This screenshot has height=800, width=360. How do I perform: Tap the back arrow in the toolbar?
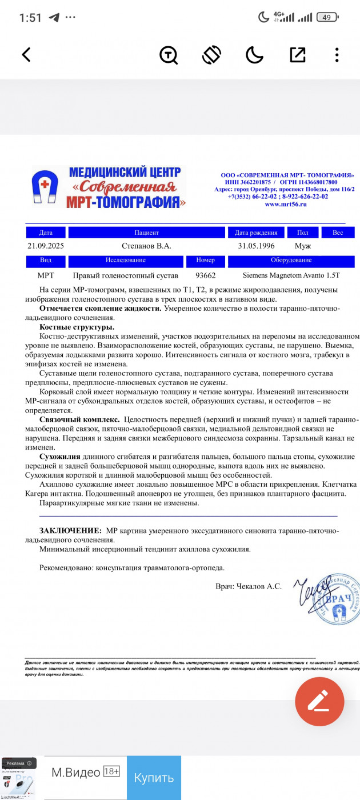click(x=26, y=55)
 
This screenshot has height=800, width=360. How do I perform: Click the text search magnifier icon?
click(x=169, y=55)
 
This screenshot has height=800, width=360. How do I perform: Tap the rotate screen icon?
click(x=211, y=55)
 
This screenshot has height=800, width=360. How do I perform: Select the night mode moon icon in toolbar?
click(x=254, y=55)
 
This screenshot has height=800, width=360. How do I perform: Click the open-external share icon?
click(x=298, y=55)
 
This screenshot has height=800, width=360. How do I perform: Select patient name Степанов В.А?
click(x=146, y=246)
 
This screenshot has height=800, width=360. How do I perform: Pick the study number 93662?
click(x=205, y=275)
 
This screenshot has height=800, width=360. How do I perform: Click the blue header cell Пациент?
click(x=146, y=233)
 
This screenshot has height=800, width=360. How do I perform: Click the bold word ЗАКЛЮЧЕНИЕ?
click(x=70, y=531)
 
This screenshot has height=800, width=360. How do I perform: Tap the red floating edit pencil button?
click(x=319, y=701)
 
